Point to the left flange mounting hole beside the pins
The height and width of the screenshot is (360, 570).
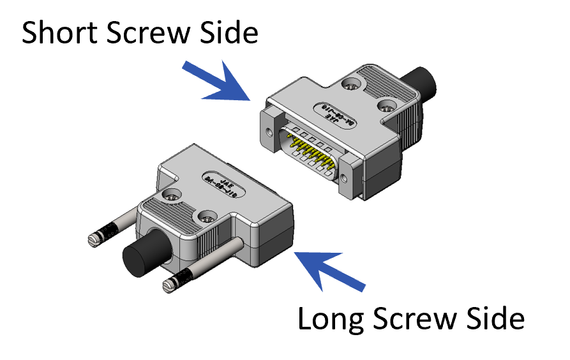click(x=269, y=134)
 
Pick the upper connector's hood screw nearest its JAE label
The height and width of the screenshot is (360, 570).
click(x=386, y=106)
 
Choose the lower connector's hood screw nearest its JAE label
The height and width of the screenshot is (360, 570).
click(x=170, y=195)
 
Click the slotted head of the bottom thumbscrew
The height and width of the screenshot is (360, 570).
click(x=169, y=285)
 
